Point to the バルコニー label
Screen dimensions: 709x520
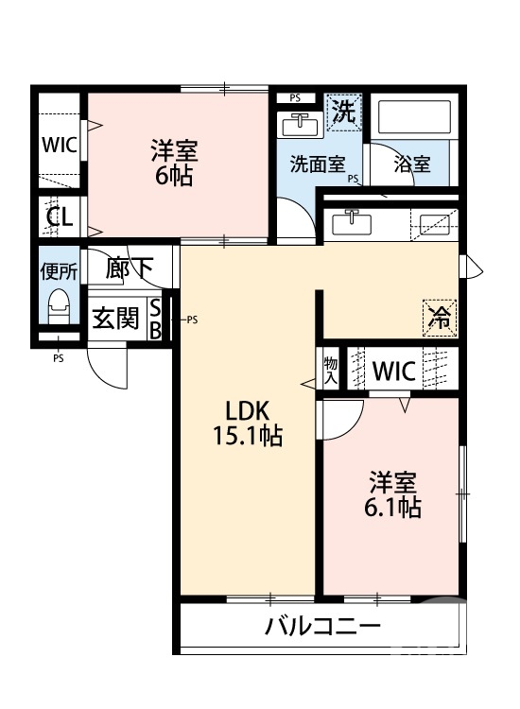[322, 627]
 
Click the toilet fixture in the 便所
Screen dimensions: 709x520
[59, 306]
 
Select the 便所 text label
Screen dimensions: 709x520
[59, 270]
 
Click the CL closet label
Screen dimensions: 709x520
[60, 218]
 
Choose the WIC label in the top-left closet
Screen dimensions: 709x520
[59, 147]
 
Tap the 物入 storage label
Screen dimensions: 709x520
[330, 370]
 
